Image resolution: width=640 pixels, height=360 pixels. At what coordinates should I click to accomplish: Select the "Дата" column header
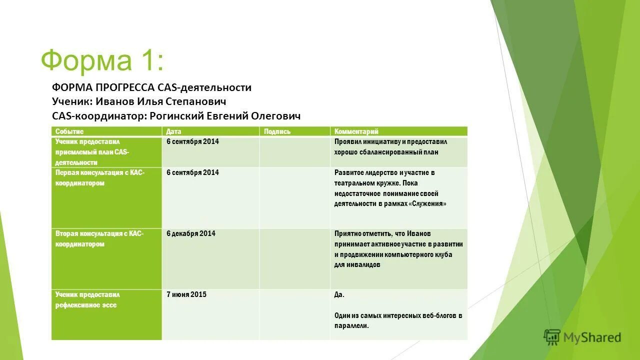(173, 131)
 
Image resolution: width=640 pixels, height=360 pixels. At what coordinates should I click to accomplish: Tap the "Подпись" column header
(277, 131)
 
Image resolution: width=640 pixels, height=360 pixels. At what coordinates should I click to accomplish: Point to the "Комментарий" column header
(356, 131)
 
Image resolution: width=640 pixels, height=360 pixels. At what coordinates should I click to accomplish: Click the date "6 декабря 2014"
(191, 233)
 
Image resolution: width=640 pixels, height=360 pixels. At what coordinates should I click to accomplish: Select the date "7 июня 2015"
(186, 294)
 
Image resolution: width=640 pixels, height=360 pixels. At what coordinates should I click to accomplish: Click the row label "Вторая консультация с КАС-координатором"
(99, 239)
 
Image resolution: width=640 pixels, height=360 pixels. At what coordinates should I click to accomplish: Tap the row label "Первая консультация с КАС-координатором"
(99, 177)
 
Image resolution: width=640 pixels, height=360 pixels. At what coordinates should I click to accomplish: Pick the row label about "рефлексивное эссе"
(87, 300)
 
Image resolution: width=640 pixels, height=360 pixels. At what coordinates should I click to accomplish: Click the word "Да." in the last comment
(339, 294)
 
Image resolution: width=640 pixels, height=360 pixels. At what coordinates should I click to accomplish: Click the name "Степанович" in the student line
(199, 101)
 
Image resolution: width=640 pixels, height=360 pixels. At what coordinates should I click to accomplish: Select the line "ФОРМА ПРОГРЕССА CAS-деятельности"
(151, 87)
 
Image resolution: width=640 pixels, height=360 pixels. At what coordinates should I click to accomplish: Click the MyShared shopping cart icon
(552, 337)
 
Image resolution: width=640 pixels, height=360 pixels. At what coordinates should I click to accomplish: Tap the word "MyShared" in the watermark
(592, 338)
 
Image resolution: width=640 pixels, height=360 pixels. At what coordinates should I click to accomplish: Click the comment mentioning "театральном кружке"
(390, 188)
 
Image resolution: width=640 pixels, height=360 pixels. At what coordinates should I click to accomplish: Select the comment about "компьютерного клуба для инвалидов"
(398, 249)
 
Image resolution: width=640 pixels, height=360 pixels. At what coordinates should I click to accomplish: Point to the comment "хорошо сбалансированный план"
(390, 147)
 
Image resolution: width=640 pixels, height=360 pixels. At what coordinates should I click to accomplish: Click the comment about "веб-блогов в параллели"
(398, 320)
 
